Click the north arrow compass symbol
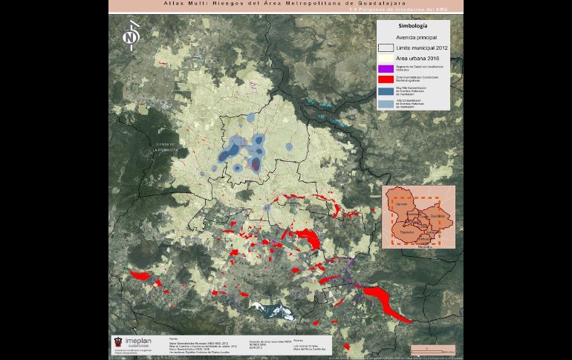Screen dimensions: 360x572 click(x=132, y=36)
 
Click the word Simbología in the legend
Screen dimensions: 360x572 click(x=412, y=25)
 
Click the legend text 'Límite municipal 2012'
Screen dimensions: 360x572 click(x=422, y=47)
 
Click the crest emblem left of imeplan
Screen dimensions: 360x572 click(x=117, y=342)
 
